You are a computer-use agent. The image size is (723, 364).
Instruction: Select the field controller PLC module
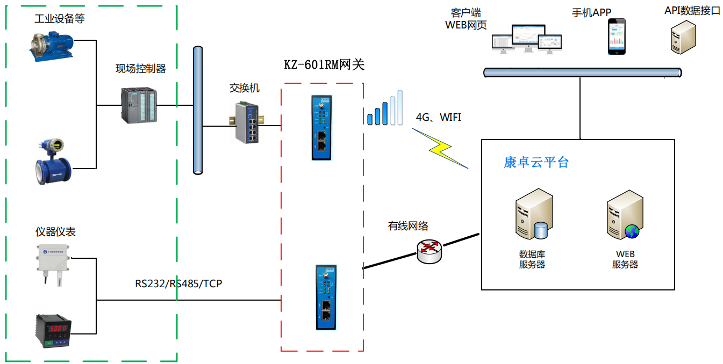[139, 105]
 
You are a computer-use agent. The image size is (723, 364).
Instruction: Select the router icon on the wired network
[429, 249]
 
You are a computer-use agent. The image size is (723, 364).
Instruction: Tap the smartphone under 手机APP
[617, 37]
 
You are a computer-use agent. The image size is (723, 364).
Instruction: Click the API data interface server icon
[683, 37]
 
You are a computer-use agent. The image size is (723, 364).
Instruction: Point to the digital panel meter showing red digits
[53, 330]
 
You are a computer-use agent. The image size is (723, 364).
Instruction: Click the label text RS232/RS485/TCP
[178, 283]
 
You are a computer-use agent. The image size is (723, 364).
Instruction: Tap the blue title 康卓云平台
[536, 162]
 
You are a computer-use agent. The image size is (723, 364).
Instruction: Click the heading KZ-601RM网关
[324, 65]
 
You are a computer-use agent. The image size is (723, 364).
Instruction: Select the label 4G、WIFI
[439, 117]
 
